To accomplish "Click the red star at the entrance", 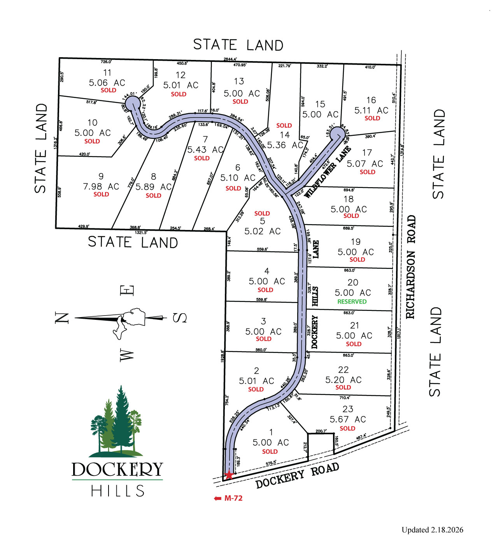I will [x=229, y=475].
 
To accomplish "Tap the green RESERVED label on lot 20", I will [x=352, y=302].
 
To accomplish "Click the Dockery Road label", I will [x=297, y=476].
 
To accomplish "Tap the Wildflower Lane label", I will [x=328, y=172].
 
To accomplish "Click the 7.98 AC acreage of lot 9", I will [x=101, y=187].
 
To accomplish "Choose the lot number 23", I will [x=348, y=409].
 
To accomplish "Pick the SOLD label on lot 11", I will [x=108, y=90].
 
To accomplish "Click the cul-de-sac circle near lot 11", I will [x=133, y=104].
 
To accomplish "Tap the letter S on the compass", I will [x=180, y=318].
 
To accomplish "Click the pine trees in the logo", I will [x=117, y=422].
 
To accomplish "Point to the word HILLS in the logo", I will [x=117, y=491].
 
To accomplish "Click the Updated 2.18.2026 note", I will [x=432, y=530].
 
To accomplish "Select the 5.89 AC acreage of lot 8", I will [x=154, y=187].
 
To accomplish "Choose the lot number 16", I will [x=371, y=100].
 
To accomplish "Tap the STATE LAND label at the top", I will [x=238, y=45].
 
